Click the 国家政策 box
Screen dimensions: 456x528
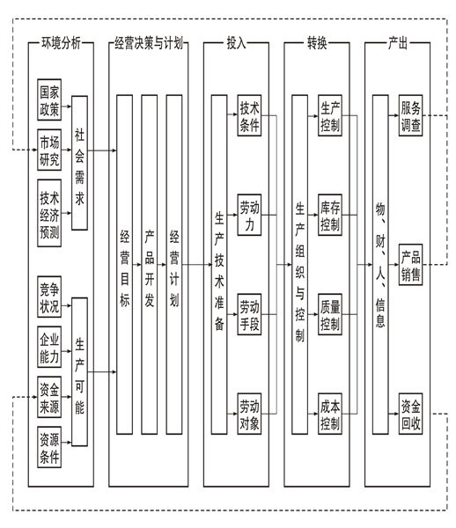pos(49,99)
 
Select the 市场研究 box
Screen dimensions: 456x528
pos(49,150)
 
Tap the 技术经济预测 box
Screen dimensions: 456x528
pos(49,213)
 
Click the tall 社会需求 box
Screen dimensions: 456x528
pos(79,163)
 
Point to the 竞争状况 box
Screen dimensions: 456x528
pos(49,297)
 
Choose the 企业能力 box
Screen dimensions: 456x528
pos(49,347)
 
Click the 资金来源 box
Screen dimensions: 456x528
pos(49,397)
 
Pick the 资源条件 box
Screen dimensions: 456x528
pos(49,447)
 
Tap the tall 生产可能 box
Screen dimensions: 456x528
pos(79,371)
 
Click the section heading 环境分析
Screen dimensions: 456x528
pos(61,43)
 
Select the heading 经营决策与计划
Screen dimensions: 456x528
pos(149,43)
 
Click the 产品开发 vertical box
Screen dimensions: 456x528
pos(149,265)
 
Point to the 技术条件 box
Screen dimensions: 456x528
pos(249,115)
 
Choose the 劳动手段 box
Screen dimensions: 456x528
pos(249,314)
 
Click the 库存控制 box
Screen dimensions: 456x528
pos(330,215)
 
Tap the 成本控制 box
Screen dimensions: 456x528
pos(330,414)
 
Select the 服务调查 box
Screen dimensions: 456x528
pos(410,115)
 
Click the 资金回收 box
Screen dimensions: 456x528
pos(410,414)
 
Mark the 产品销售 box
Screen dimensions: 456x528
pos(410,265)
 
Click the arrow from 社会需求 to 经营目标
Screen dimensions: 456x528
pos(102,150)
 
